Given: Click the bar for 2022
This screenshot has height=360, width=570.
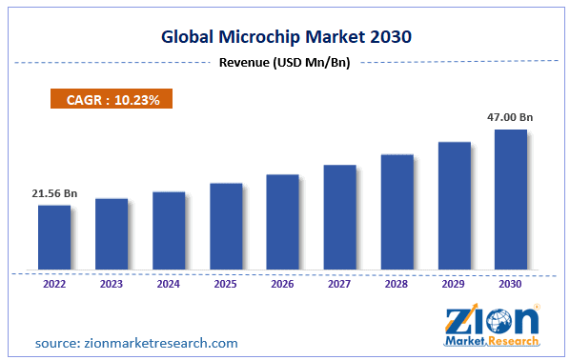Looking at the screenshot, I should click(54, 237).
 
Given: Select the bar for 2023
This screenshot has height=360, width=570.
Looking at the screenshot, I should click(112, 233).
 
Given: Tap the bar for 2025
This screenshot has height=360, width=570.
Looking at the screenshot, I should click(226, 226).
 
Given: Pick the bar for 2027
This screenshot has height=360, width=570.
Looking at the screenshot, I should click(339, 217).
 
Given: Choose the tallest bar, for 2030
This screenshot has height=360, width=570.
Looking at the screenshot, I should click(511, 199).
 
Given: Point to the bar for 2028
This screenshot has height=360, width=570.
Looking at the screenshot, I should click(397, 211).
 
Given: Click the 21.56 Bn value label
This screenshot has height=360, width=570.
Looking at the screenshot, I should click(53, 193).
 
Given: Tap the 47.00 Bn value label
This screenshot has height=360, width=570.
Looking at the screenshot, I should click(512, 117).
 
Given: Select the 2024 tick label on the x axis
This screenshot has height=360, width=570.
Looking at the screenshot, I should click(169, 283).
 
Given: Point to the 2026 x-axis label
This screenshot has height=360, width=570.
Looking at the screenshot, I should click(283, 283).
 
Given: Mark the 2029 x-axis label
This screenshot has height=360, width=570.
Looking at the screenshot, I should click(454, 283).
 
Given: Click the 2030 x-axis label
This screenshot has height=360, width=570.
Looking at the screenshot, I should click(511, 283).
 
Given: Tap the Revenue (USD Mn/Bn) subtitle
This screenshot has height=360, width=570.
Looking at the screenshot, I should click(285, 64).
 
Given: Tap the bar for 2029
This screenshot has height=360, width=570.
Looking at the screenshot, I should click(454, 205).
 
